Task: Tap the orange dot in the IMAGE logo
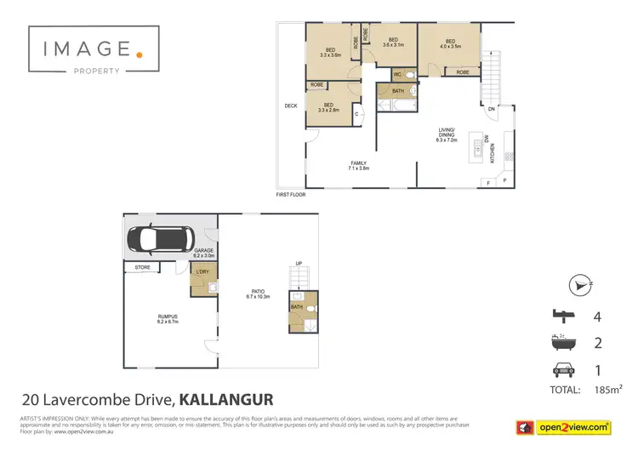(140, 54)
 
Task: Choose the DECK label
(290, 106)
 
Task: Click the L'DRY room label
(202, 271)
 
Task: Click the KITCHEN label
(493, 153)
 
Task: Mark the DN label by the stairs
(491, 109)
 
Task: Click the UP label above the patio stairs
(299, 263)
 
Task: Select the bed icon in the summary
(561, 317)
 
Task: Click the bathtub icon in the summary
(561, 344)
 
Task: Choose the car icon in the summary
(561, 369)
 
